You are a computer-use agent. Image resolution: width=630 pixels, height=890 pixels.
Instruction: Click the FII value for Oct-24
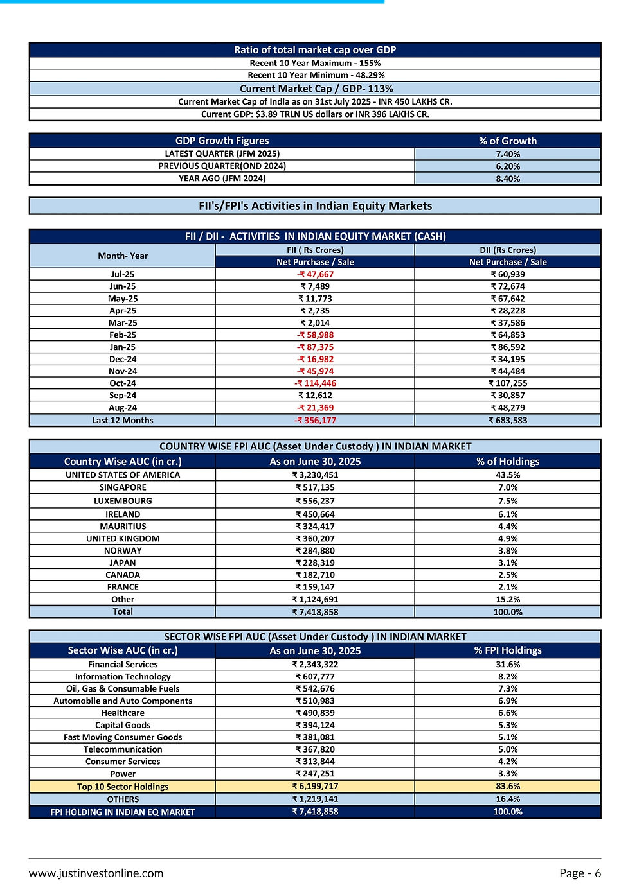tap(315, 383)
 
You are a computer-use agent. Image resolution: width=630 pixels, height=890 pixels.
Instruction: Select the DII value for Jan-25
tap(508, 347)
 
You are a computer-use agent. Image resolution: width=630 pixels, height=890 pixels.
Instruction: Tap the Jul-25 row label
tap(123, 274)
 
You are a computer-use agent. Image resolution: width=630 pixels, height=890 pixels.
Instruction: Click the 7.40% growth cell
tap(508, 154)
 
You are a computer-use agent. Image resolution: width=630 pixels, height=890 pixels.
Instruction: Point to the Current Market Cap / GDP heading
tap(316, 89)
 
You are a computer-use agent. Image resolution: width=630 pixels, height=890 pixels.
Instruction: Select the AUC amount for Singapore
tap(315, 487)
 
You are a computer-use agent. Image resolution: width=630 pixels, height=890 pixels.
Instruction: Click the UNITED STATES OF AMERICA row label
tap(123, 475)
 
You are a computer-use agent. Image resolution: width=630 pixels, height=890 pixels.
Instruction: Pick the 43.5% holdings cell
tap(508, 475)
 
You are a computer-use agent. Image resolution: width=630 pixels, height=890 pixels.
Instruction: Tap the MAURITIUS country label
tap(123, 527)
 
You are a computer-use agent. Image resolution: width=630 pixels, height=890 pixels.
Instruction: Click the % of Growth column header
tap(508, 141)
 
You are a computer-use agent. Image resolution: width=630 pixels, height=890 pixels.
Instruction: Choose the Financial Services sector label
tap(123, 665)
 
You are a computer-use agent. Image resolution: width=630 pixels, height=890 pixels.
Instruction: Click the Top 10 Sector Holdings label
tap(123, 787)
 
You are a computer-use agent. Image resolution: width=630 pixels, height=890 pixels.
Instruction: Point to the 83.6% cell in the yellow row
tap(508, 786)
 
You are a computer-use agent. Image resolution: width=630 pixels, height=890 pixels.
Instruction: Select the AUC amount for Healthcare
tap(315, 713)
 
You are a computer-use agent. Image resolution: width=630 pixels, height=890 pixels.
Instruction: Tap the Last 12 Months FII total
tap(315, 421)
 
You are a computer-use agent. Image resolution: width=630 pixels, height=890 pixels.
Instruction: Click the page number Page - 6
tap(580, 873)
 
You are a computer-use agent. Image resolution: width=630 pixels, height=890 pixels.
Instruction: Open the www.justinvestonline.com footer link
tap(96, 873)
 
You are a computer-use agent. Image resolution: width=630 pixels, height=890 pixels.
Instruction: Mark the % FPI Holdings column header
tap(508, 650)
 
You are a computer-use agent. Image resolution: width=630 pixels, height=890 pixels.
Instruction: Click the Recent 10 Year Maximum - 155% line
tap(315, 63)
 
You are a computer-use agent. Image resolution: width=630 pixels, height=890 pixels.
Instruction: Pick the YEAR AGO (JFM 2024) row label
tap(222, 179)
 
